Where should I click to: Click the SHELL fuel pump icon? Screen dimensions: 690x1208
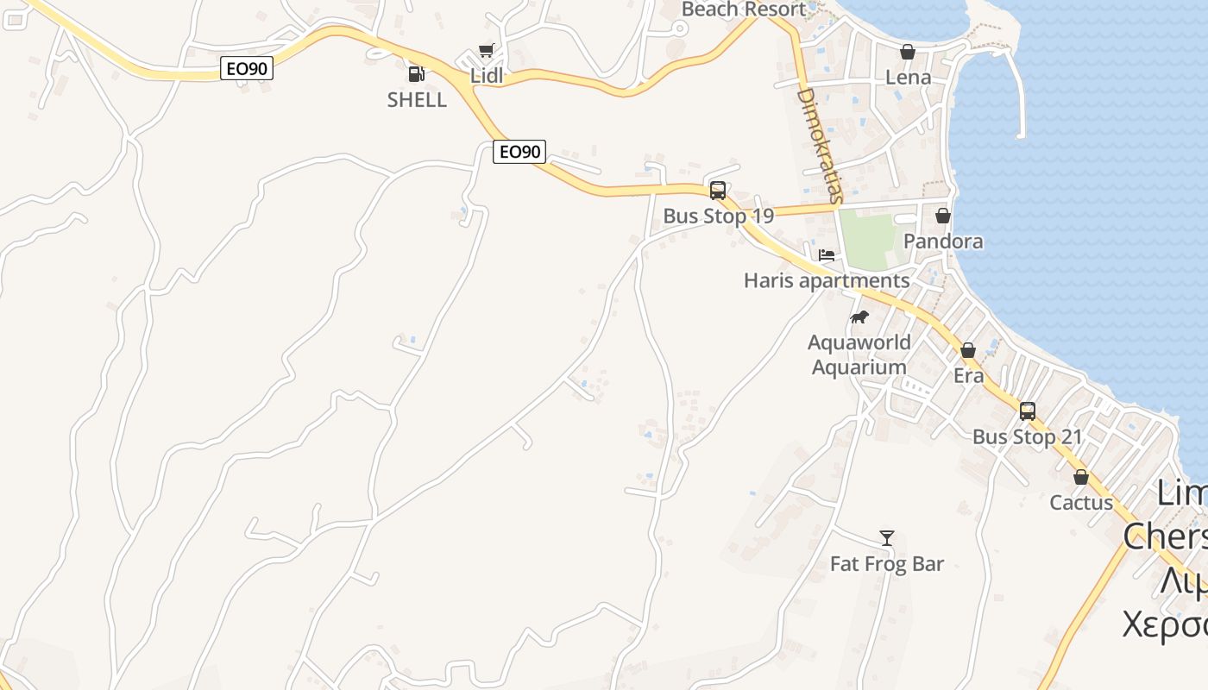pos(416,74)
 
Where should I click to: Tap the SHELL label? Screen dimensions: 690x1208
pos(417,100)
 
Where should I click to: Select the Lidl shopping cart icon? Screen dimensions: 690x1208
pos(486,51)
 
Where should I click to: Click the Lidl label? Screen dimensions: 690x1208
pos(486,76)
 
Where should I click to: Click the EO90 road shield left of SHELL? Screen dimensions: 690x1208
pos(247,68)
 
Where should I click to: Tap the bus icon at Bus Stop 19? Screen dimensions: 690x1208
pos(717,191)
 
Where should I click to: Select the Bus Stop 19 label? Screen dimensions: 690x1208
pos(718,216)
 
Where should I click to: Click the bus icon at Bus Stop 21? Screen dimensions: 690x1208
pos(1027,411)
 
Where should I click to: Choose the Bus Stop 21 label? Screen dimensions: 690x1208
pos(1027,437)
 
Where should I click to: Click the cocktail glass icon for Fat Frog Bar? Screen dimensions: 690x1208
pos(886,538)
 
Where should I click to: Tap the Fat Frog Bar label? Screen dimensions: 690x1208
pos(886,564)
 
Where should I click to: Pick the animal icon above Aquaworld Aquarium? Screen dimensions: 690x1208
pos(859,317)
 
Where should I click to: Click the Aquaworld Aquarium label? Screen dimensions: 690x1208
pos(859,354)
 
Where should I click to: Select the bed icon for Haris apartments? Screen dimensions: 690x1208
pos(827,255)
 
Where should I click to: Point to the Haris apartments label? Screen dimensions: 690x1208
pos(826,281)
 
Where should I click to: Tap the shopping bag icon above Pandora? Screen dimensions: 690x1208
pos(943,216)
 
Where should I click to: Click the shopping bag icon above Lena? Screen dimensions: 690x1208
pos(908,52)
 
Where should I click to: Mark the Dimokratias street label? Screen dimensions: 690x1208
pos(818,145)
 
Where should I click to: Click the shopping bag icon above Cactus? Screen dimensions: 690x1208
pos(1080,477)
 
